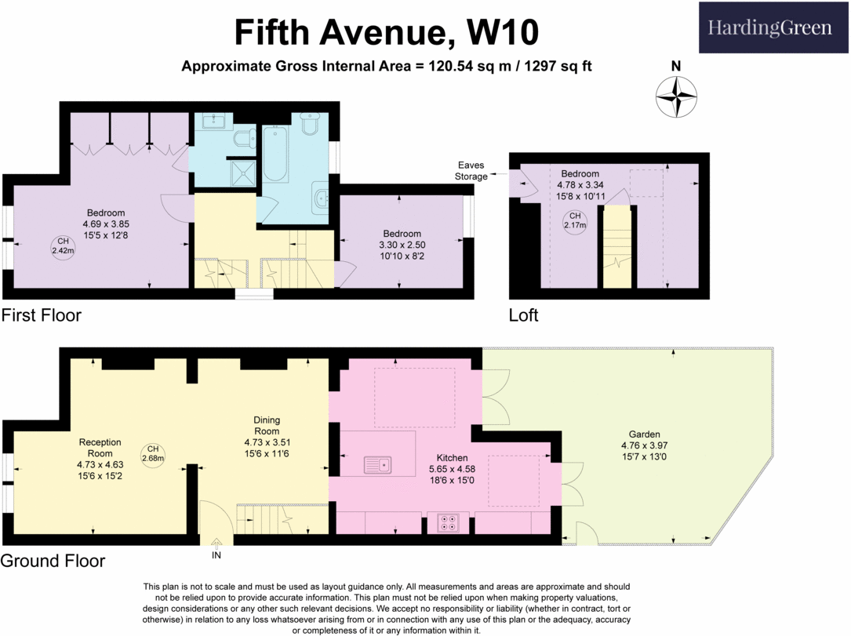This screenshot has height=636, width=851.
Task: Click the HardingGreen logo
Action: pos(773,27)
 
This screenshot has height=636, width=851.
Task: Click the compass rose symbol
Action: pos(676,97)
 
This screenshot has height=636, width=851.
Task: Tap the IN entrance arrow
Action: pos(216,543)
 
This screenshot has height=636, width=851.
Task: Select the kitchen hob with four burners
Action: pos(449,522)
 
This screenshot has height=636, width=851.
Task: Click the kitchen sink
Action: pos(378,465)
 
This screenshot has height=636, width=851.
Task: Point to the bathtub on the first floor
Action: pos(276,154)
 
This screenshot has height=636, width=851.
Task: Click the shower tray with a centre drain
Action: pos(242,173)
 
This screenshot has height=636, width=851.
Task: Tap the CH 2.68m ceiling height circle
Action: pos(153,454)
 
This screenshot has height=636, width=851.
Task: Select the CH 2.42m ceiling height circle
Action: pos(63,246)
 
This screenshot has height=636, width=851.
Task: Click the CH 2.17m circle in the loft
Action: pos(575,221)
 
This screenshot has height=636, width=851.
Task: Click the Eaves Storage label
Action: pos(471,171)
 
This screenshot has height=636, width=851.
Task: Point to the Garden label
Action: pos(644,434)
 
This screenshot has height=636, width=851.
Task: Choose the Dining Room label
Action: pos(267,426)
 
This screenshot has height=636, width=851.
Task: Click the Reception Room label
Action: pos(100,448)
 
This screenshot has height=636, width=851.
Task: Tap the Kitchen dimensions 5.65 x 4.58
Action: pos(452,469)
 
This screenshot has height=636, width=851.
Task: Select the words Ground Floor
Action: pos(53,561)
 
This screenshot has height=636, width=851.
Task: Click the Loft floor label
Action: pos(523,315)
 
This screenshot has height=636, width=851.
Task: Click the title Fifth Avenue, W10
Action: pos(387,32)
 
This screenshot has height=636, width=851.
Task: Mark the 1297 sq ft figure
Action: pos(558,66)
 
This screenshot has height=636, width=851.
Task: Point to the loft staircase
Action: pos(617,246)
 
